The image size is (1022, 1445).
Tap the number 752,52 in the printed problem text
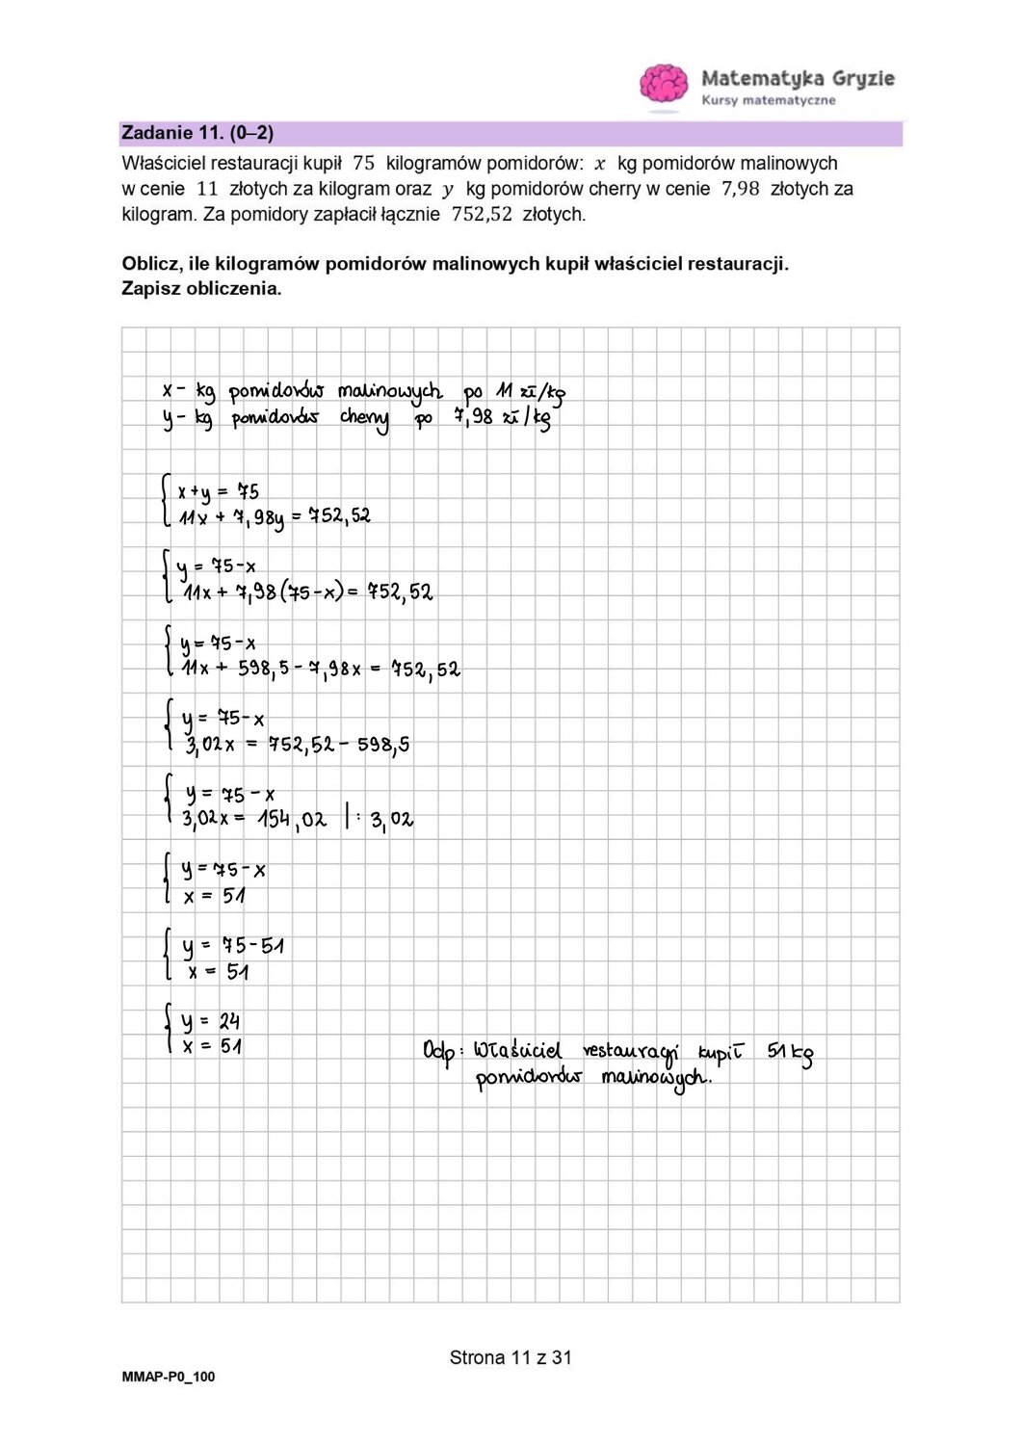coord(481,214)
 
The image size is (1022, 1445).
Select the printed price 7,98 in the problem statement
coord(740,189)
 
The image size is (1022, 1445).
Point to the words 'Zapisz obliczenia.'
coord(201,288)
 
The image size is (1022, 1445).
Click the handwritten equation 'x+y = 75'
coord(218,491)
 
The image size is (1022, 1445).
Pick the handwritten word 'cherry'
coord(364,420)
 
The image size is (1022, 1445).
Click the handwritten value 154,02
coord(292,820)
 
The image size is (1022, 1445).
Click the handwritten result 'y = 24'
coord(211,1021)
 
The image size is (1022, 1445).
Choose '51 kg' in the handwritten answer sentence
coord(790,1053)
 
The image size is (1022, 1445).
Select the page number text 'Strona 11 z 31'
coord(511,1358)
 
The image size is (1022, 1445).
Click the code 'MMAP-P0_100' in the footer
coord(169,1378)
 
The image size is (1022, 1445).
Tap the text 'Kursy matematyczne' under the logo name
coord(769,100)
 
